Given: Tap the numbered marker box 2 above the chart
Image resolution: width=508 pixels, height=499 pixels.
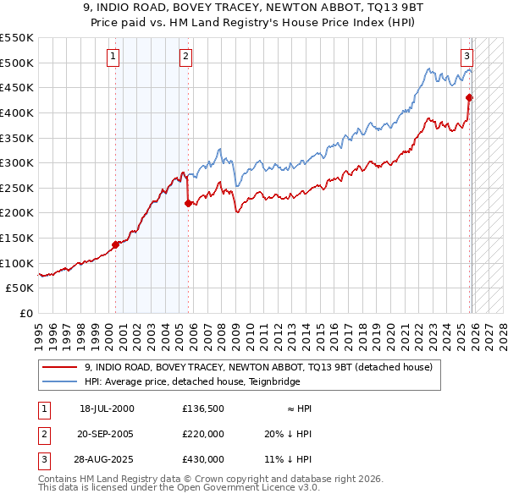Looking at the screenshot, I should [185, 57].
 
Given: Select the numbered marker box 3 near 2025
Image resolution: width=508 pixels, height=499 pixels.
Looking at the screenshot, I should [467, 57].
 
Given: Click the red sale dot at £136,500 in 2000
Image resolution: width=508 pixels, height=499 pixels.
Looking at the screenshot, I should [116, 244].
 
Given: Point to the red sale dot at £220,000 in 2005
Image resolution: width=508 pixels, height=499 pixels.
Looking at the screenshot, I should [188, 202].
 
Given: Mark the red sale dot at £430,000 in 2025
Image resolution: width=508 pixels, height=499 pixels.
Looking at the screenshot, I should [470, 97].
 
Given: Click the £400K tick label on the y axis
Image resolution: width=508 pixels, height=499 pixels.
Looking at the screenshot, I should [17, 112].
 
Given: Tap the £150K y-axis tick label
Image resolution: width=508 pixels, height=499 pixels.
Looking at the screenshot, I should [17, 238].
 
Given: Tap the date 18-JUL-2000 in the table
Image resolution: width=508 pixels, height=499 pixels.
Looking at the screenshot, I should [107, 409].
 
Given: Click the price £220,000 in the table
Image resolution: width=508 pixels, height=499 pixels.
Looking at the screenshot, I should [203, 434].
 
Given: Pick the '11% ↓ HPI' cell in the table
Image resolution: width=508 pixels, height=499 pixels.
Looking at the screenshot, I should [288, 459].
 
